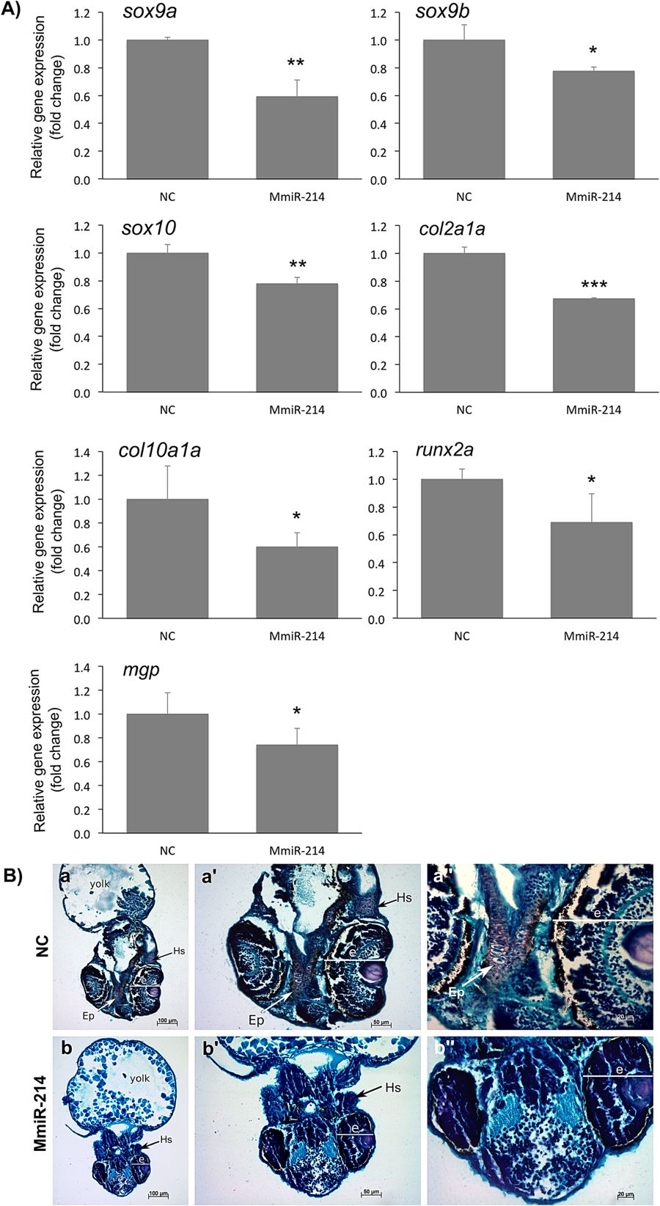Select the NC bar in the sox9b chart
[x=463, y=110]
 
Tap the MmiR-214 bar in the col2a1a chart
[x=593, y=346]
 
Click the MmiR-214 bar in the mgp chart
[x=297, y=789]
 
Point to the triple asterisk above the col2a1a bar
[x=594, y=285]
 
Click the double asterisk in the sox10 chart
[x=297, y=264]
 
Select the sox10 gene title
[x=149, y=228]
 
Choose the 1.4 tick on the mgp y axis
[x=82, y=668]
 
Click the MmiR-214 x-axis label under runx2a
[x=591, y=636]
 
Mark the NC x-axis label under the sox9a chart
[x=167, y=197]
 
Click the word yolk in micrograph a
[x=100, y=883]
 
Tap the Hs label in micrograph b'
[x=393, y=1087]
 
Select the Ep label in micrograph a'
[x=256, y=1020]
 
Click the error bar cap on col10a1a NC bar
[x=167, y=466]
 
